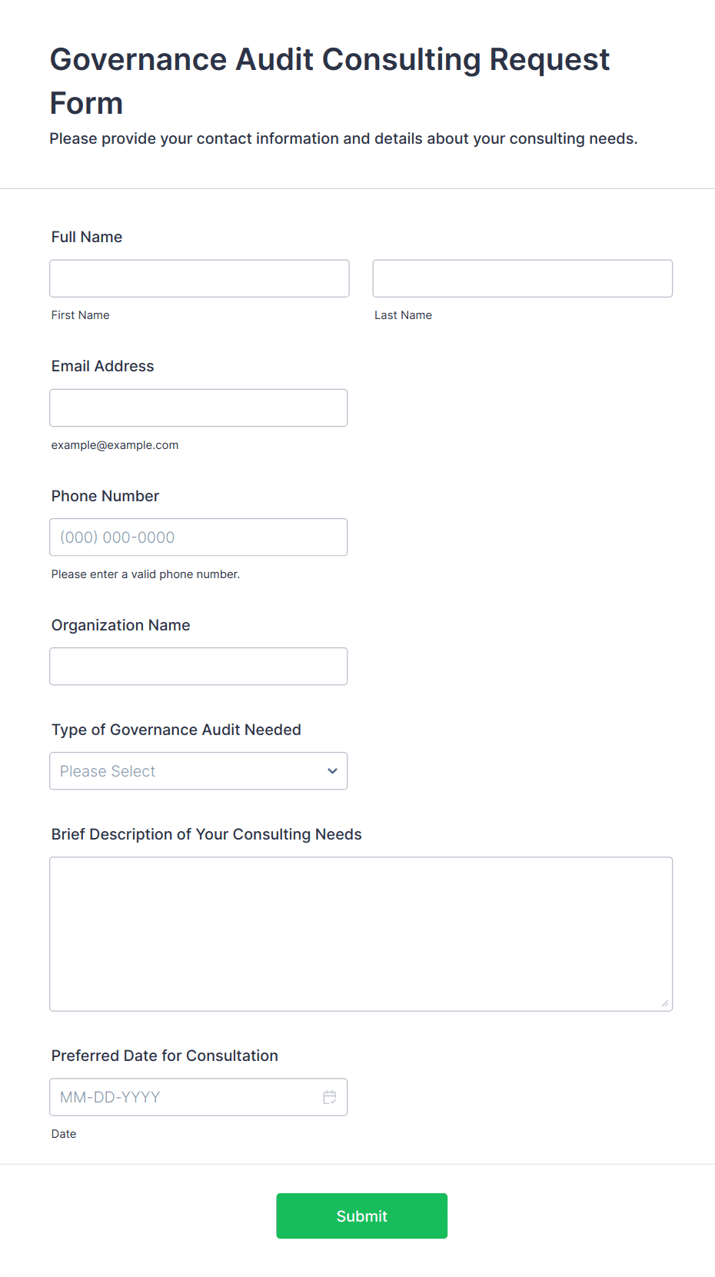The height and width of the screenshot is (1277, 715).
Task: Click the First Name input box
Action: coord(199,278)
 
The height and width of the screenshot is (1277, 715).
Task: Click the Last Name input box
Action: coord(522,278)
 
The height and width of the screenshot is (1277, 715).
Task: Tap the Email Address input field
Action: coord(198,407)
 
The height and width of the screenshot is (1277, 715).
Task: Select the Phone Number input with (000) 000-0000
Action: coord(198,537)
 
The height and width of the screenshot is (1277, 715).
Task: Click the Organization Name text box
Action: coord(198,667)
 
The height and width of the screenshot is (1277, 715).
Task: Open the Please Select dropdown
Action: coord(185,771)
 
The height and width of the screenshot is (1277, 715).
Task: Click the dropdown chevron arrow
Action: coord(332,771)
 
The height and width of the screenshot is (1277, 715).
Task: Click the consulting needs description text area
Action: coord(361,933)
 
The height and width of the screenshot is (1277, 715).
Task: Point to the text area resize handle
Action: coord(665,1003)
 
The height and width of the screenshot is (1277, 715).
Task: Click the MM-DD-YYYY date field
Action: coord(185,1097)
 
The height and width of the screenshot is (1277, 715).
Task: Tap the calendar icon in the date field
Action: coord(330,1097)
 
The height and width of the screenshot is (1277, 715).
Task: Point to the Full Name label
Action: coord(87,237)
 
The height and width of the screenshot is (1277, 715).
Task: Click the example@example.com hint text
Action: coord(115,445)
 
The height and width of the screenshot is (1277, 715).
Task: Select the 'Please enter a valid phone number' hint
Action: coord(145,574)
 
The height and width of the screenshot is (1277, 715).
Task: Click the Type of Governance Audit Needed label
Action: coord(176,730)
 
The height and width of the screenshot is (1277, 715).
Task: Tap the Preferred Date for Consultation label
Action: coord(165,1056)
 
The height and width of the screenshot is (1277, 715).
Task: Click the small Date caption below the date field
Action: coord(64,1134)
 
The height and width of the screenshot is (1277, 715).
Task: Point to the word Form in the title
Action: coord(86,104)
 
